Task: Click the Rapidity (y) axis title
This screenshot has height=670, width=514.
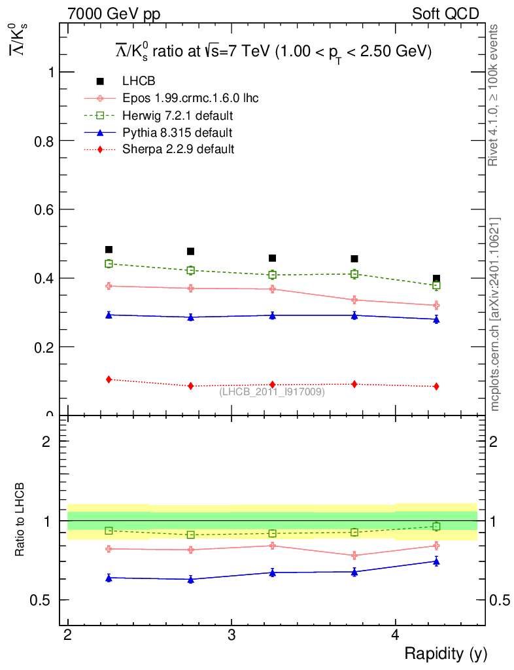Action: tap(445, 653)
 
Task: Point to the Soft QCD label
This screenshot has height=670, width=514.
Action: tap(445, 14)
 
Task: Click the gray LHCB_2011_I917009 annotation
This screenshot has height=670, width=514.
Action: tap(272, 391)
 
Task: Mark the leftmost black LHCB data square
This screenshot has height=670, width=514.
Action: tap(109, 249)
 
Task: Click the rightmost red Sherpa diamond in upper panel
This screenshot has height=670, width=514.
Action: tap(436, 387)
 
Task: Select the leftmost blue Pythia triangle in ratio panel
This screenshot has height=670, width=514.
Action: tap(109, 578)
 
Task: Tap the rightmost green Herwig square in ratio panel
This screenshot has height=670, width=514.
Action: tap(436, 527)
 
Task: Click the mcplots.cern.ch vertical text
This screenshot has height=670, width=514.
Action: tap(495, 314)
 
